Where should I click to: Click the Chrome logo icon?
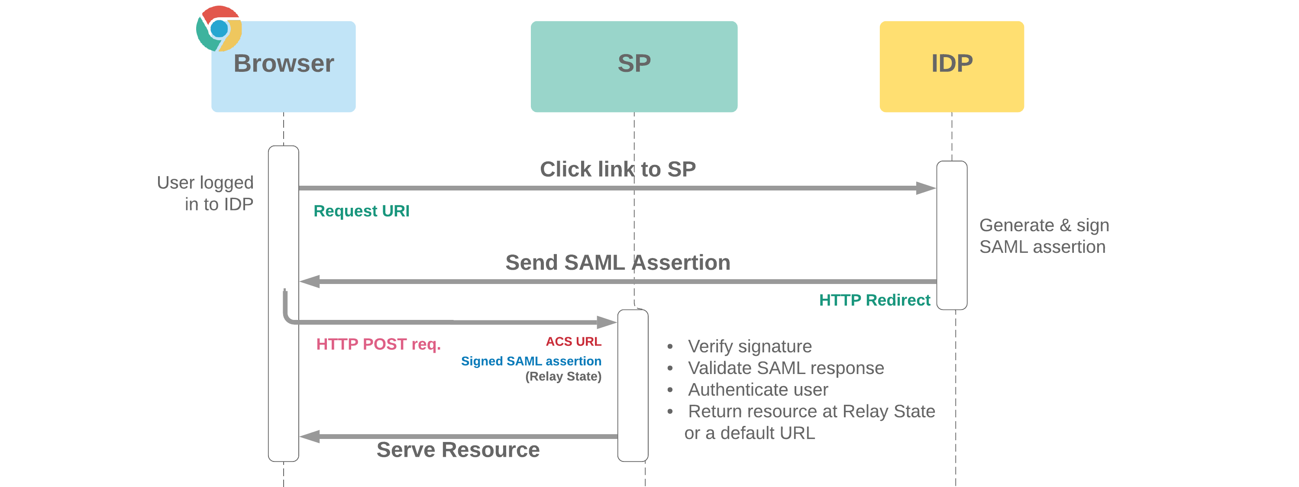[x=219, y=28]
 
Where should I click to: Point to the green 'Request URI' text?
[x=361, y=211]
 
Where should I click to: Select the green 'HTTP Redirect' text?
[x=874, y=300]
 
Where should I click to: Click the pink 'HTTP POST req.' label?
[x=378, y=344]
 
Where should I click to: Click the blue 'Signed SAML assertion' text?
[x=530, y=361]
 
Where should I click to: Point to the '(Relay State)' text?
[x=563, y=376]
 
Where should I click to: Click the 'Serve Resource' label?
[x=457, y=449]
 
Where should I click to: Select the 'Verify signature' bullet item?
[x=750, y=346]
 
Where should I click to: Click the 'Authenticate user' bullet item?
[x=757, y=390]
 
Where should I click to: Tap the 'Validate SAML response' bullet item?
[x=785, y=368]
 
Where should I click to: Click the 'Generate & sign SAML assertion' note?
[x=1044, y=236]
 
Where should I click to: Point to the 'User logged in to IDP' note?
[x=205, y=193]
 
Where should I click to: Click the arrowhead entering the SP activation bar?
[x=607, y=322]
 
